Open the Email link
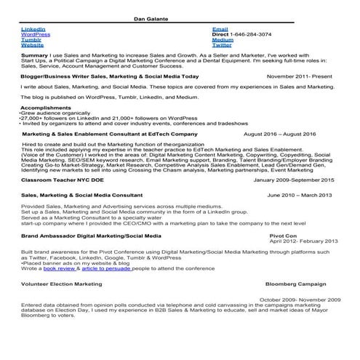point(220,29)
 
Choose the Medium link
point(223,39)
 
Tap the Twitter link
point(222,45)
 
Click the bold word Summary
point(35,55)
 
